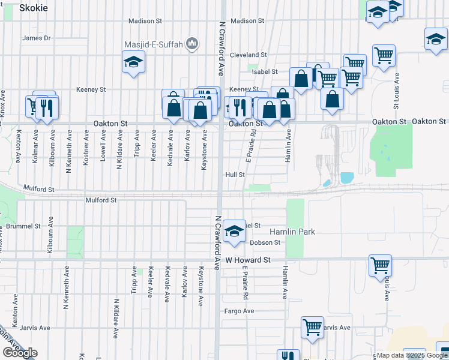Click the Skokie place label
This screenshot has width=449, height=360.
coord(34,8)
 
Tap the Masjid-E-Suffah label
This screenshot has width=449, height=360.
coord(154,44)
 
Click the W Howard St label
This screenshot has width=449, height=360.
coord(249,260)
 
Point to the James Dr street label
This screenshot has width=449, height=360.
coord(36,38)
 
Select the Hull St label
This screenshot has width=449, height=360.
coord(235,175)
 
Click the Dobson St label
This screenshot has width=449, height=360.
coord(265,242)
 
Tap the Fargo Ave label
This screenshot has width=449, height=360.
coord(240,311)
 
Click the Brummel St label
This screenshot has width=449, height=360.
coord(23,226)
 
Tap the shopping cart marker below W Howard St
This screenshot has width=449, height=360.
coord(380,265)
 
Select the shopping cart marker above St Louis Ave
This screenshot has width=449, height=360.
coord(384,56)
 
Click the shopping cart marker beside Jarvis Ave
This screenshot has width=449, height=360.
coord(312,327)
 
